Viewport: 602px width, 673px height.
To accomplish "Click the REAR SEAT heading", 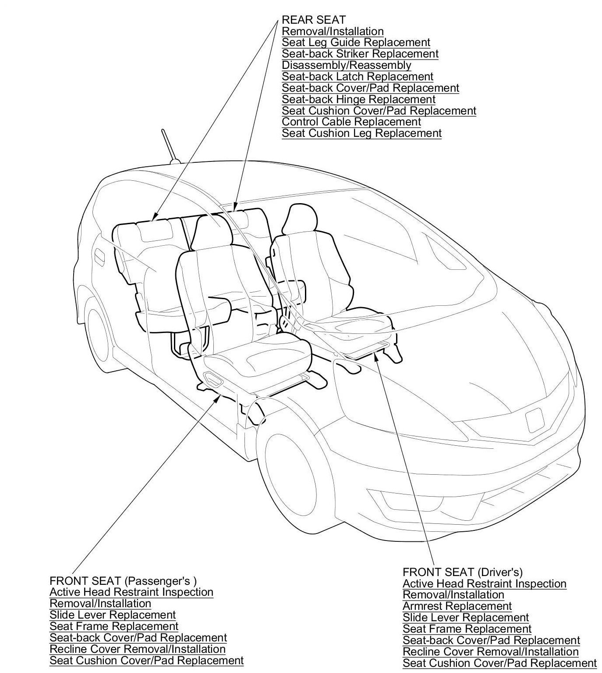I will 313,20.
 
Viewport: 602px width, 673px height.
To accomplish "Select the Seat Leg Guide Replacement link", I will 356,43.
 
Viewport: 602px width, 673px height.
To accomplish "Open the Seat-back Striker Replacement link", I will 360,54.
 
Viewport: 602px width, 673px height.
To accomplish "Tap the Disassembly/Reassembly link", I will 346,65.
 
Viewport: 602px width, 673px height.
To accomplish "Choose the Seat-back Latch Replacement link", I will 358,77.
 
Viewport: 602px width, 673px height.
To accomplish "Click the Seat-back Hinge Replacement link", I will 358,100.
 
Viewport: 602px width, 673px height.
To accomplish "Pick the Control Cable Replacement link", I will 351,122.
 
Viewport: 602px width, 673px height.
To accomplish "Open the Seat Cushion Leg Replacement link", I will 361,133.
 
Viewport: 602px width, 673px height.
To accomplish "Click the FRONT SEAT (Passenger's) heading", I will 123,581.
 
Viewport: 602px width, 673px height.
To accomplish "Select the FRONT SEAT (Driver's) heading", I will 462,572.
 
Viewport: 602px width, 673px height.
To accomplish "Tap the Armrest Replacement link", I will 457,606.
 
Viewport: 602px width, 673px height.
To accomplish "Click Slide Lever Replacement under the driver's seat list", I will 466,618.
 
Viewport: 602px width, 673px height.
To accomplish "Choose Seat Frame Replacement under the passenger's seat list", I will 114,626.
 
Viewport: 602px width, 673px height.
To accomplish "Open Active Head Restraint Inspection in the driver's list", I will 484,584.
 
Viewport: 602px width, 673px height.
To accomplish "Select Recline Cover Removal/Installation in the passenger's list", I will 138,649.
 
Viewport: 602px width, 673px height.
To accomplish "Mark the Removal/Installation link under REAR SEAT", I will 333,31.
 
